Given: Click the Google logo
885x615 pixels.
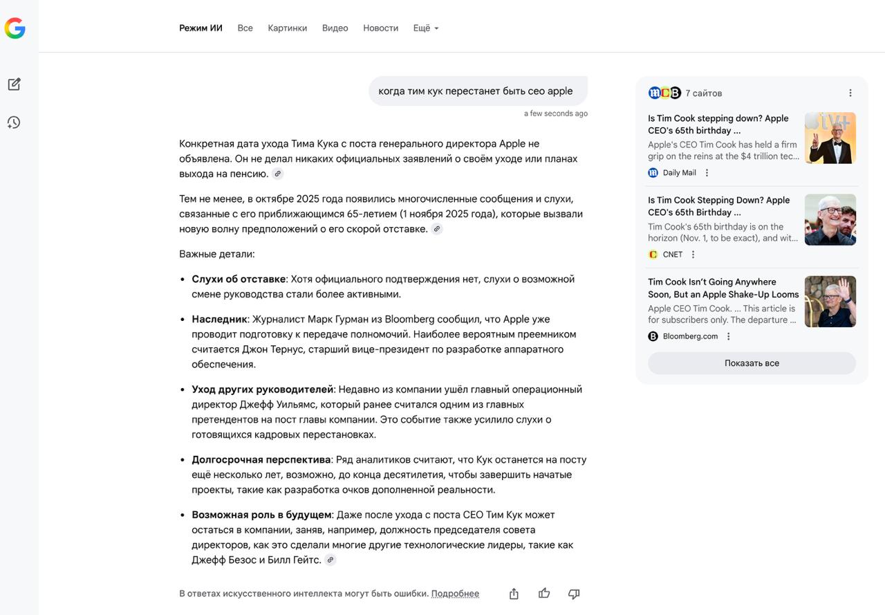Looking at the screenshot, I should click(15, 28).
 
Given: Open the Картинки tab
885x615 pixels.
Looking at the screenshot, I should click(287, 28).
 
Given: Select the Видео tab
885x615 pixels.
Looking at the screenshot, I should click(335, 28).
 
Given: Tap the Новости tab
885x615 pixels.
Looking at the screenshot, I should click(380, 28).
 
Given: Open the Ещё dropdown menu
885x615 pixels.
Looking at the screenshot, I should click(425, 28).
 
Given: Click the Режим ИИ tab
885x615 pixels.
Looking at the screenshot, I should click(201, 28).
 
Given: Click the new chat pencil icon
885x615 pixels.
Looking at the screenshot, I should click(14, 84).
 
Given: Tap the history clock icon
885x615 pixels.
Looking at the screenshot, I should click(14, 122).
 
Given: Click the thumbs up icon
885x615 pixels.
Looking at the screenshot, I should click(544, 594).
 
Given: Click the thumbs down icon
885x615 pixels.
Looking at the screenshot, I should click(574, 594).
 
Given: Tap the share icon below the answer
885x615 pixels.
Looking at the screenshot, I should click(514, 594).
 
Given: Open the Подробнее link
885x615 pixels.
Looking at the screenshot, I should click(455, 594).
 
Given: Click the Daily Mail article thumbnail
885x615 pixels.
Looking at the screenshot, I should click(830, 138).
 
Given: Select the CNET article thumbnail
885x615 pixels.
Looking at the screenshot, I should click(830, 220).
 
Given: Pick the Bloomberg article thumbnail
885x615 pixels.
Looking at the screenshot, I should click(830, 302).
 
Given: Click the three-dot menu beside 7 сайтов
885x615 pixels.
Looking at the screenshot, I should click(850, 93).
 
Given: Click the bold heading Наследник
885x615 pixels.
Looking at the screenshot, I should click(219, 319).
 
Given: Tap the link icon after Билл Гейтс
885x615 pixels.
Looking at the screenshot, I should click(330, 560).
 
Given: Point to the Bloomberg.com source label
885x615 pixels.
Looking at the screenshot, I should click(690, 336).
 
